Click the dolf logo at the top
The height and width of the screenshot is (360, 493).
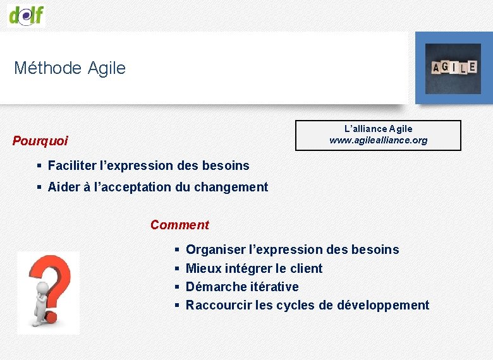(27, 14)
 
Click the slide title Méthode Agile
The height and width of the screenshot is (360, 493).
(70, 68)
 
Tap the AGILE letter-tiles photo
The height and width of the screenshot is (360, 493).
(453, 68)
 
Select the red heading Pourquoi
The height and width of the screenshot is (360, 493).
(40, 141)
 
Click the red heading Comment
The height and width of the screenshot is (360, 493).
(180, 225)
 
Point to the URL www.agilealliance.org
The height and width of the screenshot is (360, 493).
(378, 140)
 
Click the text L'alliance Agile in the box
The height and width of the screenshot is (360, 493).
(378, 129)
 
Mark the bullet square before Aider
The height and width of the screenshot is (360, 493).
(39, 188)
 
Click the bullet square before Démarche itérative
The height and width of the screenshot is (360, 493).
(178, 287)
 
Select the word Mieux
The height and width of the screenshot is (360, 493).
(204, 268)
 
